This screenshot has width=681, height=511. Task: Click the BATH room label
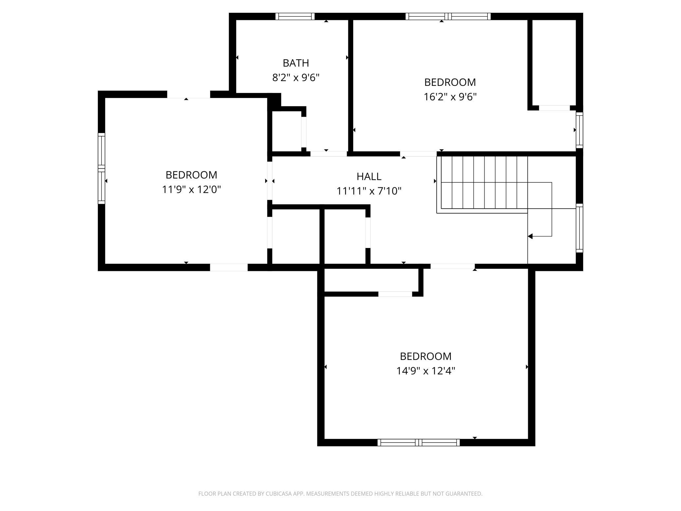click(296, 63)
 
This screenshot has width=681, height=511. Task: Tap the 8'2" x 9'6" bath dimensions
click(296, 78)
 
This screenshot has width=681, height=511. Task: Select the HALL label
click(369, 177)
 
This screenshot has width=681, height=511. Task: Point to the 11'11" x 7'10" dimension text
click(369, 191)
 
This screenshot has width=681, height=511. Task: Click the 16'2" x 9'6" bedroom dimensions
click(450, 97)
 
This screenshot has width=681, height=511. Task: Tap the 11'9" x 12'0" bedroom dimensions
click(192, 190)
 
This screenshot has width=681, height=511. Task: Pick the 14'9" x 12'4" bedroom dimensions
click(426, 371)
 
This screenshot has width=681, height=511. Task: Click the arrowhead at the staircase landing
click(530, 236)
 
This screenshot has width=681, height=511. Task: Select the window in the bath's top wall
click(295, 16)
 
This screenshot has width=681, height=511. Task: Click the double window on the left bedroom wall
click(101, 169)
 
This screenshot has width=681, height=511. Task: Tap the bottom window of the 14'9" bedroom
click(419, 443)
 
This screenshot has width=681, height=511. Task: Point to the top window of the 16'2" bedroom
click(448, 16)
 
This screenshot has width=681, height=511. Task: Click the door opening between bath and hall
click(328, 154)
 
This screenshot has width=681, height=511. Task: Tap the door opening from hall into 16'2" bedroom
click(418, 154)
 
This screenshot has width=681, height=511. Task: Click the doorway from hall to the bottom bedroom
click(452, 266)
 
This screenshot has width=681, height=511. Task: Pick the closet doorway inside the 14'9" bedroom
click(395, 294)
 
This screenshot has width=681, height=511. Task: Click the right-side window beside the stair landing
click(580, 228)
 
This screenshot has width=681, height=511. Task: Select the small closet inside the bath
click(287, 131)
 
